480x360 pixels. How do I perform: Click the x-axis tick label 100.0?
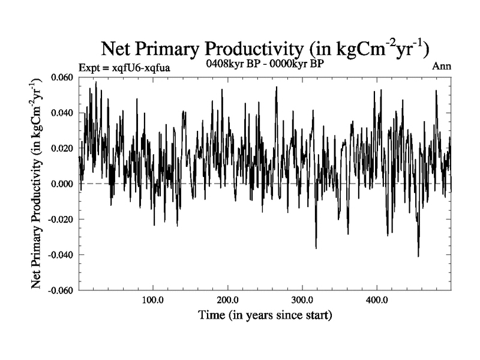(x=153, y=300)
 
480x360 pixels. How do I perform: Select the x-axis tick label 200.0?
(x=227, y=300)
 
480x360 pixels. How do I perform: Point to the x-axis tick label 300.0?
(x=302, y=300)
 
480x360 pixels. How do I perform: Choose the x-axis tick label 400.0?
(x=376, y=300)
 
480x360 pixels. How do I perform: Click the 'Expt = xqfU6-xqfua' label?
(x=124, y=68)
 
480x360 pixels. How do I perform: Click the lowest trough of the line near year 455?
(x=418, y=256)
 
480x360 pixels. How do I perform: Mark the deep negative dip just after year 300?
(x=316, y=248)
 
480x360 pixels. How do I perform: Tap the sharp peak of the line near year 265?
(x=277, y=87)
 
